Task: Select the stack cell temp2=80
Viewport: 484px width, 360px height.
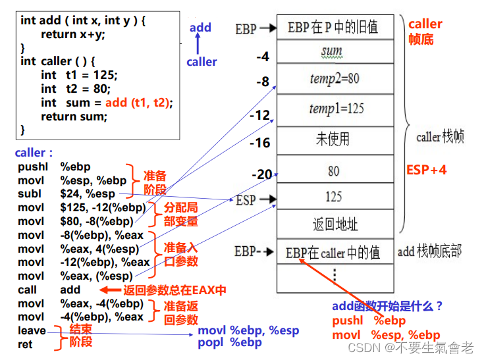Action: click(x=335, y=79)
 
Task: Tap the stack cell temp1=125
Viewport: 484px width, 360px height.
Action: click(x=335, y=109)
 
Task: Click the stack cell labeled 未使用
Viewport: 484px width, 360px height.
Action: click(x=333, y=139)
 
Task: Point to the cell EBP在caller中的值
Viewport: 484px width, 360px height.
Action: click(x=333, y=253)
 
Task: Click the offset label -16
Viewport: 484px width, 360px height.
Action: click(x=261, y=143)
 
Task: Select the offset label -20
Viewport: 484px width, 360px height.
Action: click(x=262, y=174)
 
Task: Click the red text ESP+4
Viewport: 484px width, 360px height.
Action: click(x=427, y=170)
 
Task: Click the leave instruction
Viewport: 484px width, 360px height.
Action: click(x=32, y=330)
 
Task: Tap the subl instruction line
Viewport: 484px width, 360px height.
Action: click(x=66, y=194)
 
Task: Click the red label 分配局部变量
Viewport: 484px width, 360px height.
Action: click(x=180, y=214)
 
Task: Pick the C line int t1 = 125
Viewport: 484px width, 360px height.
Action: click(x=76, y=75)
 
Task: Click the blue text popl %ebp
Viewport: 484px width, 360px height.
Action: click(x=231, y=343)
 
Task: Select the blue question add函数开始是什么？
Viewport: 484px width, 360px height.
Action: click(x=387, y=305)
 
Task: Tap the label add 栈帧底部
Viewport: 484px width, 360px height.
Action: click(x=429, y=251)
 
